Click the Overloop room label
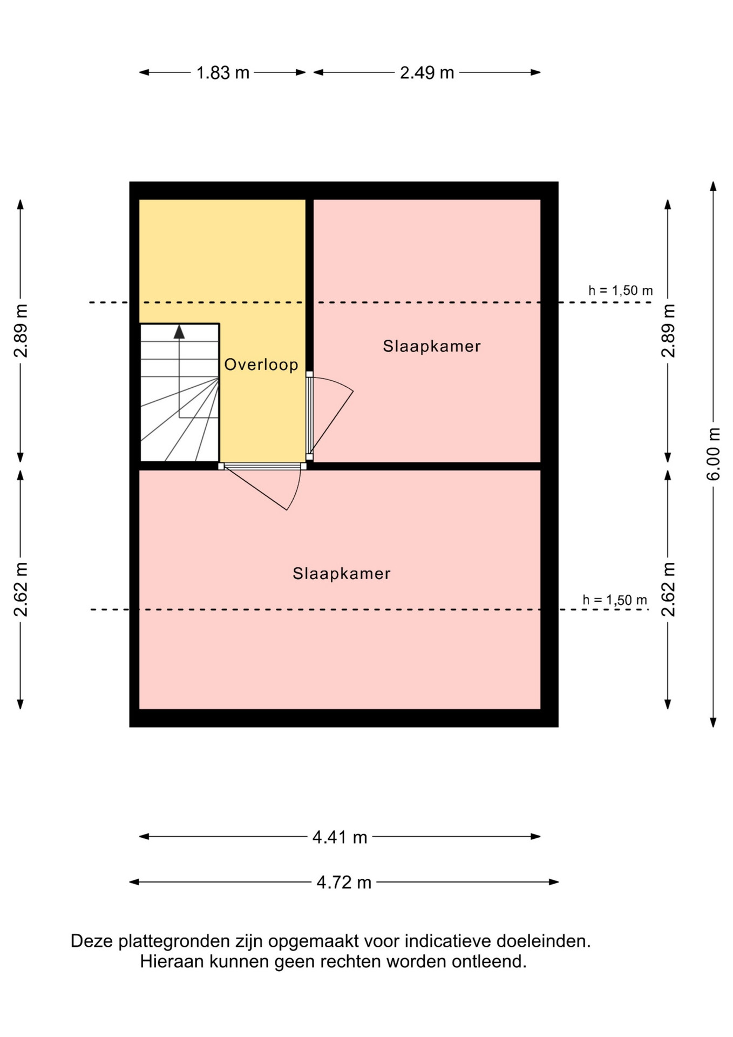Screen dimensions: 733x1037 click(x=261, y=365)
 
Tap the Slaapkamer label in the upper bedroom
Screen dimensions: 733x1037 click(x=432, y=346)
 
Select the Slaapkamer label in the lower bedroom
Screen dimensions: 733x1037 click(x=342, y=574)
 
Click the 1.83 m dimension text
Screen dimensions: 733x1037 click(x=223, y=72)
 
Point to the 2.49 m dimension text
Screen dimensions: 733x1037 click(x=427, y=72)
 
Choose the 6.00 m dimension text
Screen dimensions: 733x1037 click(x=714, y=454)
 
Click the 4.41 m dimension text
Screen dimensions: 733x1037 click(x=340, y=837)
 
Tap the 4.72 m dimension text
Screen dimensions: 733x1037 click(x=344, y=883)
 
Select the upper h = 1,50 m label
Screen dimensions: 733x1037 click(x=621, y=291)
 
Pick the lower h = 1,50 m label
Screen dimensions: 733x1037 click(x=615, y=600)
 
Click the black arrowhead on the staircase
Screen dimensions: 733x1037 click(x=179, y=332)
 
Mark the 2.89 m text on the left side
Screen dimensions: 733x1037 click(x=21, y=331)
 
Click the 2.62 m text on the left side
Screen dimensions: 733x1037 click(x=21, y=589)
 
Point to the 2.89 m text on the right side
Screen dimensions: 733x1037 click(x=668, y=331)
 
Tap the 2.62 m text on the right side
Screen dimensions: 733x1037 click(x=668, y=589)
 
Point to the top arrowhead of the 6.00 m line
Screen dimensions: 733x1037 click(x=713, y=187)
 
